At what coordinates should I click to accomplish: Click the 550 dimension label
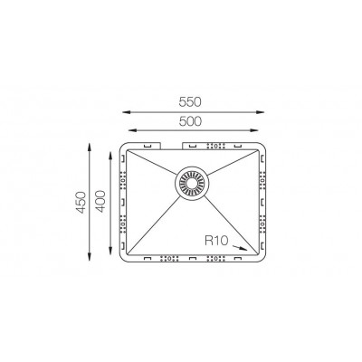pos(190,102)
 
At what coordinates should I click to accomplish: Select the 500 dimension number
pos(190,121)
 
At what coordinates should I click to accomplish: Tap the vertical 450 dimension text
pos(81,202)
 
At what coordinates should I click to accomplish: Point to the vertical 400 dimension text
pos(100,201)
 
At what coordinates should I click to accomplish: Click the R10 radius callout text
pos(216,241)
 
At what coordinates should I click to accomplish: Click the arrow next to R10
pos(240,248)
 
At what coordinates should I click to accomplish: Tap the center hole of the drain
pos(192,183)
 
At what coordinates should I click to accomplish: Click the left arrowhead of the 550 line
pos(127,112)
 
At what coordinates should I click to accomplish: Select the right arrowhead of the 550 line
pos(261,112)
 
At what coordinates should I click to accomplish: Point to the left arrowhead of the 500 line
pos(133,130)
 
